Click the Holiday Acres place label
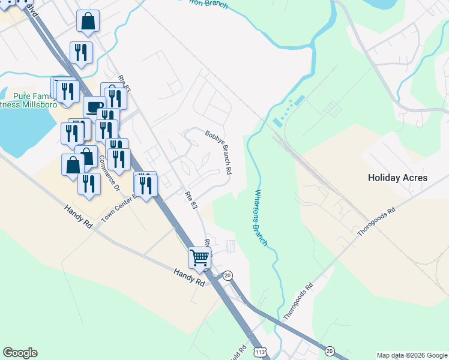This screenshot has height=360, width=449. pos(397,178)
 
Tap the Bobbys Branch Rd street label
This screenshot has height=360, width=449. pos(218,152)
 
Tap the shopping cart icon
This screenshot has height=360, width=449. pos(199,258)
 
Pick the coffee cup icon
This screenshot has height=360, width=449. pos(94,107)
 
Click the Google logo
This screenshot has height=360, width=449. pos(20,353)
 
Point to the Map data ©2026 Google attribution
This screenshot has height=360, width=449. pos(412,355)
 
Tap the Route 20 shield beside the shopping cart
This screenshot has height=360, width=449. pos(228,275)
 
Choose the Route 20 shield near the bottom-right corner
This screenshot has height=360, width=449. pos(330,350)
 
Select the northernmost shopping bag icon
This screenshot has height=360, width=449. pos(88,22)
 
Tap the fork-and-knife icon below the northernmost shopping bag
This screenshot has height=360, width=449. pos(81,52)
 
